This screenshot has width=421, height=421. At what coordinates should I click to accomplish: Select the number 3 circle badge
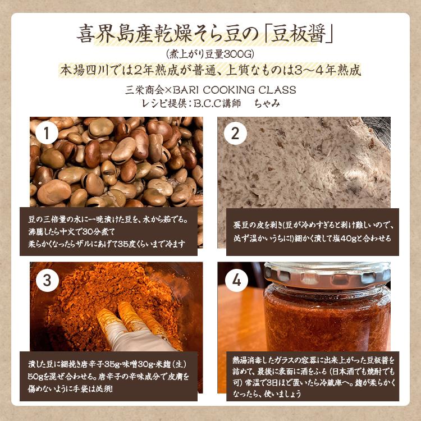47,279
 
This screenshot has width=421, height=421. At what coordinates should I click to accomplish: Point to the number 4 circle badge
236,279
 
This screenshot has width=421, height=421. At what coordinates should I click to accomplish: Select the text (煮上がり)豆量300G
210,54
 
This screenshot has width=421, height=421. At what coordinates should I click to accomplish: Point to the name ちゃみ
268,103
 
